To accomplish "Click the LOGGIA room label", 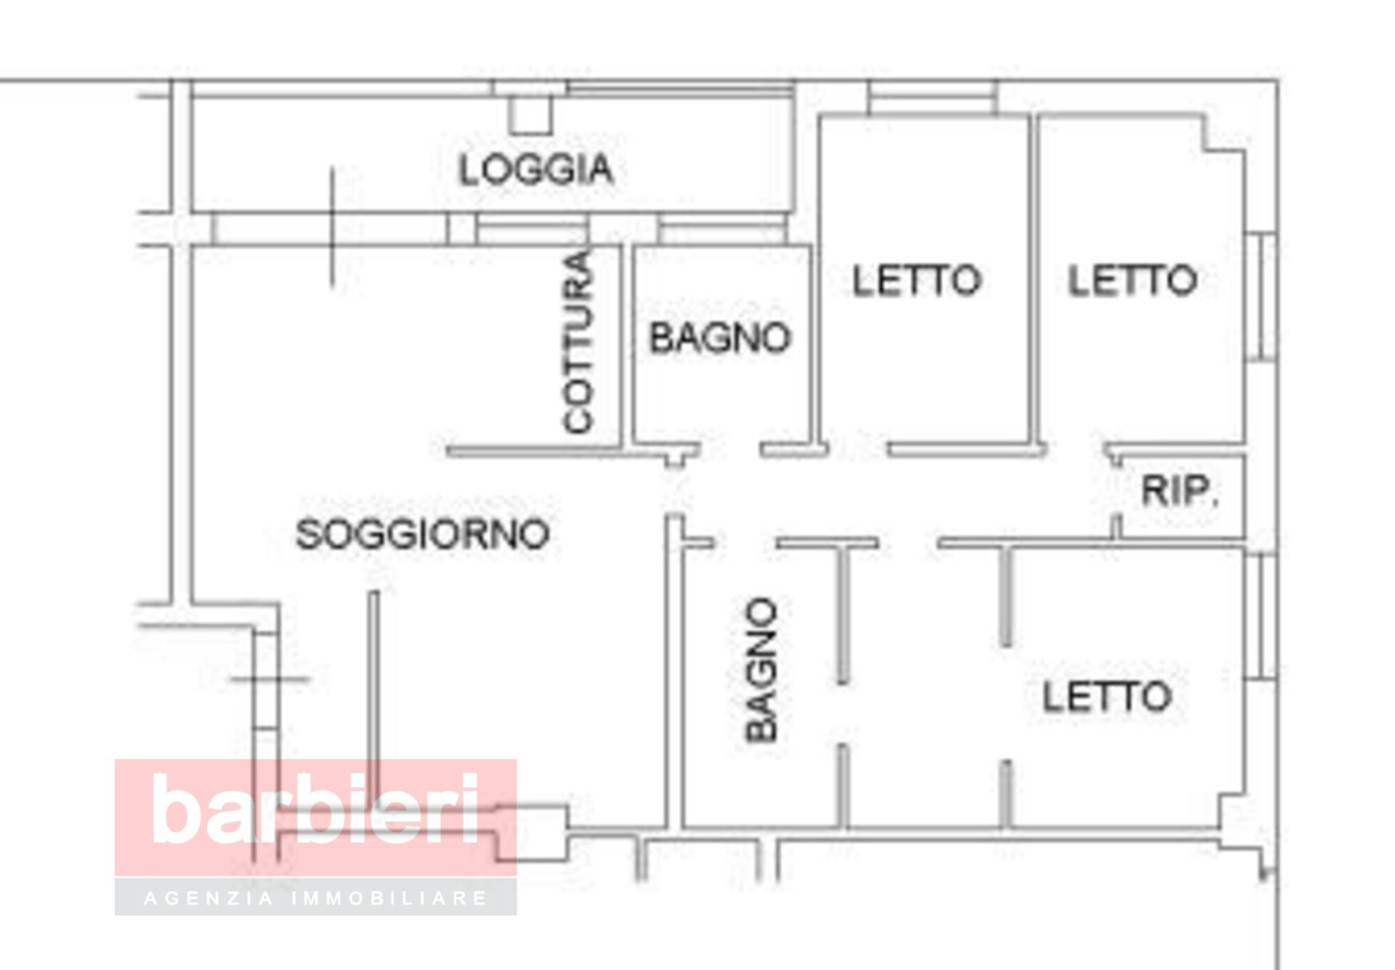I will point(536,169).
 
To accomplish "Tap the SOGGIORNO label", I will point(422,534).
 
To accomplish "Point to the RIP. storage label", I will point(1179,491).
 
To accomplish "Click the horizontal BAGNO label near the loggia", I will point(719,338).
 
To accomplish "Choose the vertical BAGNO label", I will point(762,669).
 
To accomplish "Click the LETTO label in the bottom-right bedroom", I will point(1107,696).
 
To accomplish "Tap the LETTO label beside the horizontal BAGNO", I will point(916,280).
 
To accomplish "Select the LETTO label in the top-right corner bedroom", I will point(1132,280).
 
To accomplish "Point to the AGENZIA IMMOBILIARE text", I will point(316,899).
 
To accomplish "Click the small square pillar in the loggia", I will point(530,115).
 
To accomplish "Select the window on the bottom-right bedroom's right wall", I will point(1266,616).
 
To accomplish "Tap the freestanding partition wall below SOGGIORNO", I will point(373,690).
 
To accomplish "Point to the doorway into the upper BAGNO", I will point(730,450).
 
